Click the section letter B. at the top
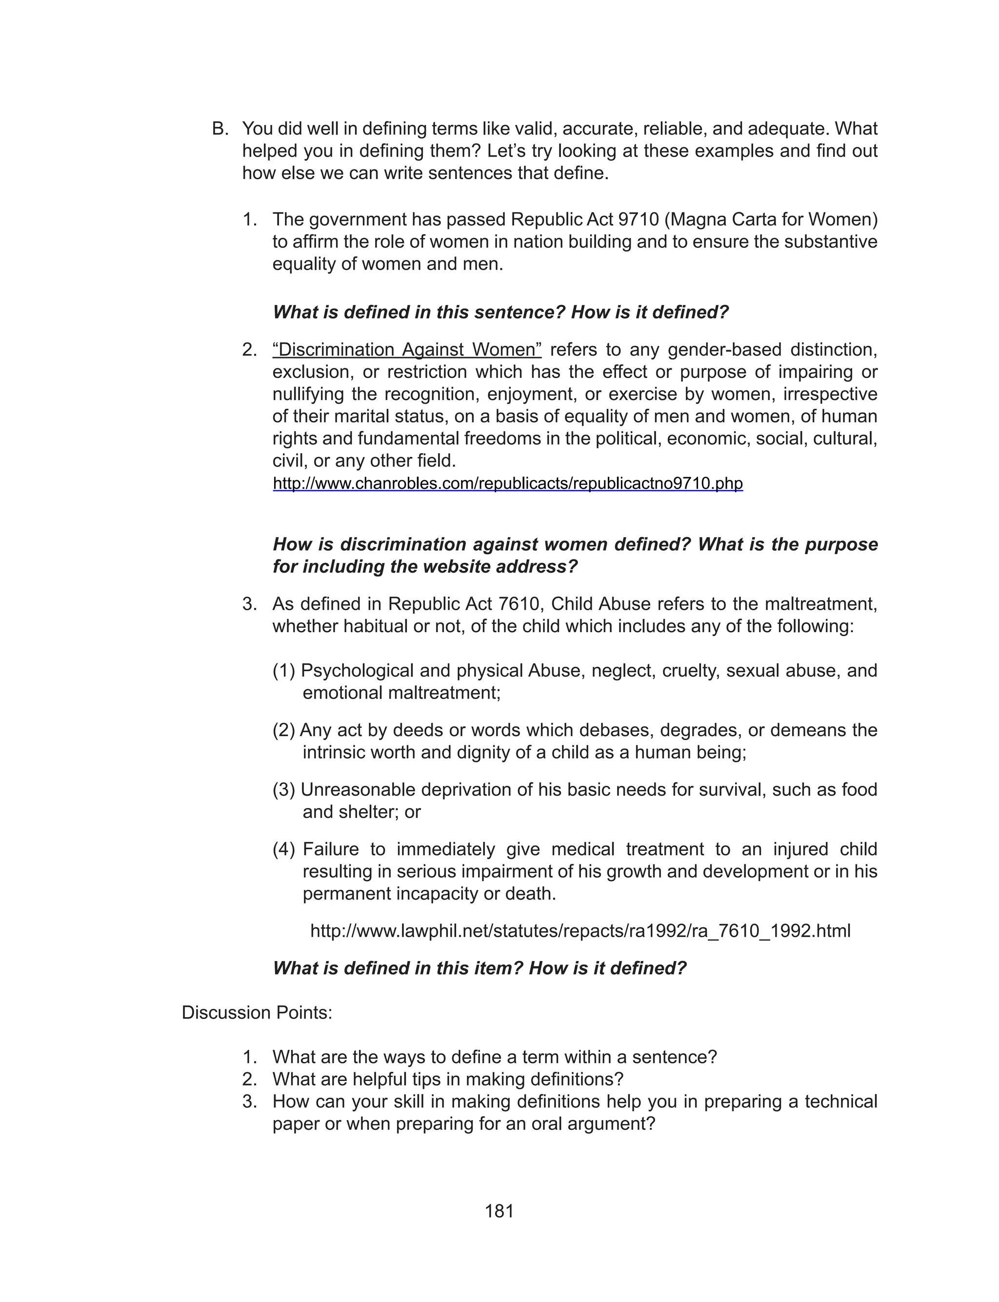(x=220, y=129)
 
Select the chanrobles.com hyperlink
(x=507, y=483)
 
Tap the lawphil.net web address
(x=580, y=930)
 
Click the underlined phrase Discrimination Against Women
(x=407, y=350)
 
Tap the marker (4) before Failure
(x=283, y=849)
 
